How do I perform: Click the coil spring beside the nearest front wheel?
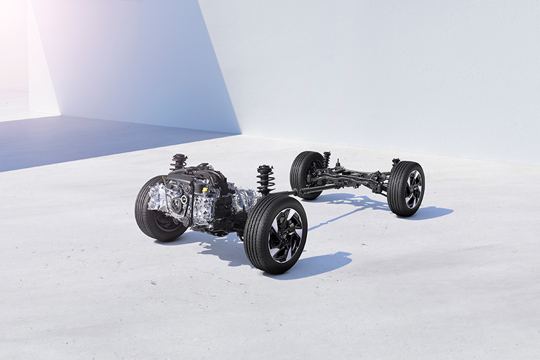265,180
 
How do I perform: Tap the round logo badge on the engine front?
183,200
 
